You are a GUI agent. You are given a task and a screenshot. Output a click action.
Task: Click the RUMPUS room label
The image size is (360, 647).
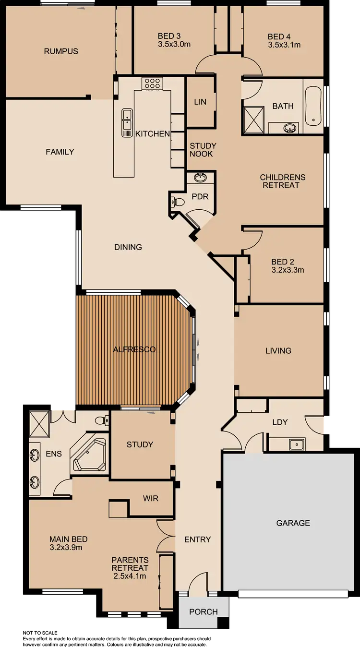point(61,51)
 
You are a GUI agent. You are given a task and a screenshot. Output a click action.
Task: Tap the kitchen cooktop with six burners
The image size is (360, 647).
point(152,84)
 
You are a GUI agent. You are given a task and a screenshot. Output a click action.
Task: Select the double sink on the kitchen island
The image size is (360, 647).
point(127,122)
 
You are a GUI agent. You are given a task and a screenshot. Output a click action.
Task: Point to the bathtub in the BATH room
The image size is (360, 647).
point(313,107)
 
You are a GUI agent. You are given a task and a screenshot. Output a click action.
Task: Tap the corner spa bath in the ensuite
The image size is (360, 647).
point(89,454)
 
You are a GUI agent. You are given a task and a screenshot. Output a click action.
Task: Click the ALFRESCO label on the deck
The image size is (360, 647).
point(134,349)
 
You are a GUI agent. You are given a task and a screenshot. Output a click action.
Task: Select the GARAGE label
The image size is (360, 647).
point(293,523)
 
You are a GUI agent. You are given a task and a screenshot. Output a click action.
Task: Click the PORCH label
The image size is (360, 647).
point(204,611)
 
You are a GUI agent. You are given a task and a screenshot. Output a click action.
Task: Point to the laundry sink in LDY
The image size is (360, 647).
point(297,444)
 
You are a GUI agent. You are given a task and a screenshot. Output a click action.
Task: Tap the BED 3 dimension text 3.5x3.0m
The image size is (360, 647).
point(174,45)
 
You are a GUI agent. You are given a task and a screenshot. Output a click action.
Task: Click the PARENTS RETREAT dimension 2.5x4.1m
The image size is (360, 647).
point(130,576)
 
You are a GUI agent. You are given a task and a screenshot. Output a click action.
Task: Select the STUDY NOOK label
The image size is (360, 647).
point(203,150)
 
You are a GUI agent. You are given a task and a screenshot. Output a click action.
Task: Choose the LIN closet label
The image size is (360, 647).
point(200,102)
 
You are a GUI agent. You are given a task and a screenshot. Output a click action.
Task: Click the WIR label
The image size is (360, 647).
point(150,498)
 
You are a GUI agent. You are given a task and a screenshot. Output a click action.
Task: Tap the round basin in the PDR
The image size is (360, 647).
point(200,178)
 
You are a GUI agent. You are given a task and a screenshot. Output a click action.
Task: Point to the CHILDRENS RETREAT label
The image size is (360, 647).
point(283,181)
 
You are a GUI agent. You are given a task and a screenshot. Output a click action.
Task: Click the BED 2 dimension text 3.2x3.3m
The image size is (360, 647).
point(288,270)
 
